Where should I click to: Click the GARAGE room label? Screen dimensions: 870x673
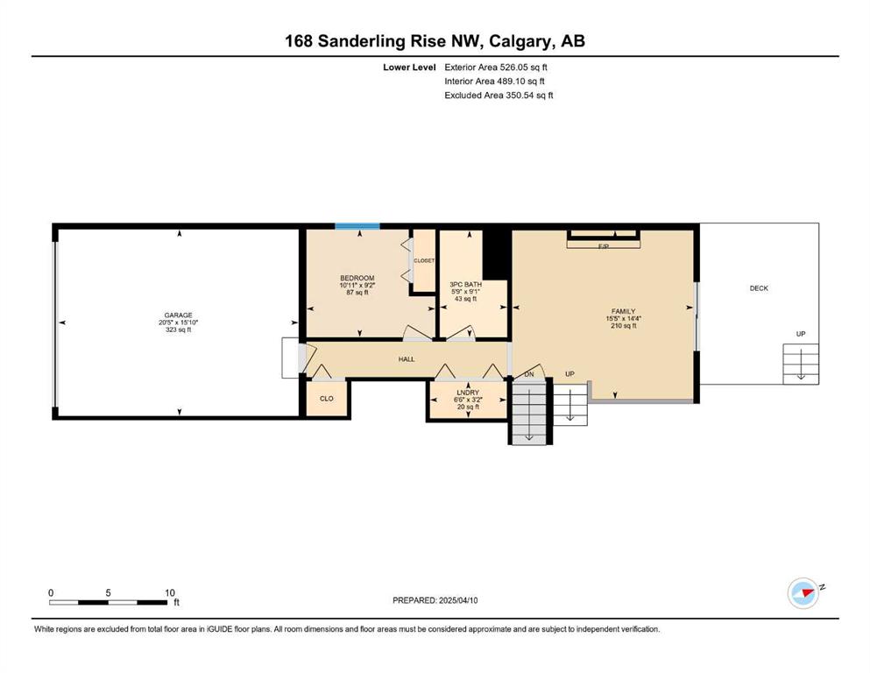pyautogui.click(x=178, y=315)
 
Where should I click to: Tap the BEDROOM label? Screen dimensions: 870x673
pyautogui.click(x=357, y=278)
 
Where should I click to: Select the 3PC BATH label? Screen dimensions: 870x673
pyautogui.click(x=465, y=285)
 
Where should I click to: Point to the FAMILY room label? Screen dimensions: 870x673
pyautogui.click(x=623, y=311)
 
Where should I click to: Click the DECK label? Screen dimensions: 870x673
pyautogui.click(x=759, y=288)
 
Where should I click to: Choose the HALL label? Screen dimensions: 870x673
pyautogui.click(x=407, y=359)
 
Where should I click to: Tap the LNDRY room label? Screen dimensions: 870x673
pyautogui.click(x=468, y=393)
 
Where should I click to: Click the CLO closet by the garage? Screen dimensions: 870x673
pyautogui.click(x=327, y=399)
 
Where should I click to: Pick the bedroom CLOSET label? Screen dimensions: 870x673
pyautogui.click(x=424, y=260)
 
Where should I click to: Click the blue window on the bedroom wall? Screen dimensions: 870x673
pyautogui.click(x=357, y=226)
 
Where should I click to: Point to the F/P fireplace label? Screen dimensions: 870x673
pyautogui.click(x=604, y=245)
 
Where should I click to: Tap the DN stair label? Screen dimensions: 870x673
pyautogui.click(x=529, y=374)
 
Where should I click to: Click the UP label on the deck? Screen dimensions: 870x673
pyautogui.click(x=801, y=334)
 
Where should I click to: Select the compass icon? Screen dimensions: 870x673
pyautogui.click(x=803, y=593)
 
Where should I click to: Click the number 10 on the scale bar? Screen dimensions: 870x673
pyautogui.click(x=170, y=592)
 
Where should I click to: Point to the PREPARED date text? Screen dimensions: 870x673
pyautogui.click(x=435, y=600)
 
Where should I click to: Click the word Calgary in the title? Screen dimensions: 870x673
pyautogui.click(x=521, y=41)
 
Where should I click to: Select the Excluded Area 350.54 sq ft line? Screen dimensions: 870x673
pyautogui.click(x=499, y=95)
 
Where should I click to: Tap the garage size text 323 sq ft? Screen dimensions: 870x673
pyautogui.click(x=178, y=329)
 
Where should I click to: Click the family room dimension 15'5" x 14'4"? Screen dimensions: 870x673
pyautogui.click(x=624, y=318)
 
